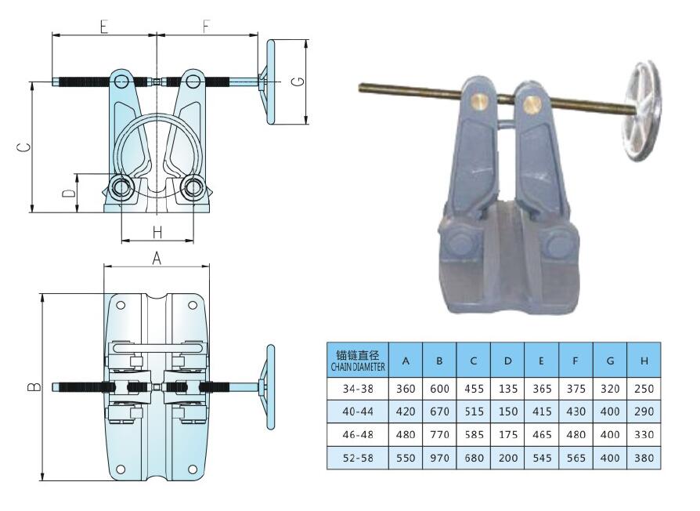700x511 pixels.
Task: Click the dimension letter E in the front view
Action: tap(103, 27)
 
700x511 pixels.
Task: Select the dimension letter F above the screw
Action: tap(206, 27)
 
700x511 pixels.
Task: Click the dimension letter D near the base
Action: tap(68, 193)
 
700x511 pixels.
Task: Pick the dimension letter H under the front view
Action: tap(157, 233)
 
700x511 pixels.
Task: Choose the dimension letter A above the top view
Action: tap(157, 258)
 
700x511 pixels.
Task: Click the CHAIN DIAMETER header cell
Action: tap(358, 361)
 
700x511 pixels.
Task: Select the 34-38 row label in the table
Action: tap(358, 389)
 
